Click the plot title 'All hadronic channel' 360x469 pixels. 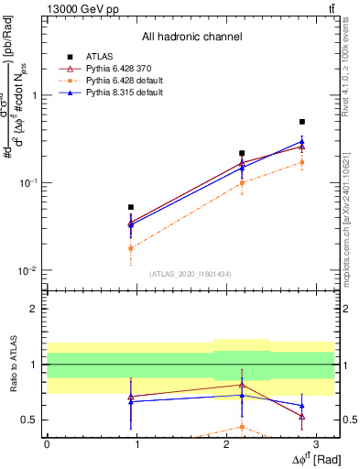(x=191, y=38)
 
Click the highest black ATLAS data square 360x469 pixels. (x=302, y=122)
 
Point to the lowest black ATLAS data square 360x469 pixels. (x=131, y=207)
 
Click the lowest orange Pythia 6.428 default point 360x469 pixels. (x=131, y=248)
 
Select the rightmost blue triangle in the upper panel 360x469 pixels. (x=302, y=141)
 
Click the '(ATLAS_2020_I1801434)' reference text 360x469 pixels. (x=190, y=274)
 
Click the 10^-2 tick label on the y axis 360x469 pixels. (x=28, y=271)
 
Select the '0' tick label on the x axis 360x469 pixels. (x=47, y=443)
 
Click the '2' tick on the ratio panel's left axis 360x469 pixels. (x=36, y=309)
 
